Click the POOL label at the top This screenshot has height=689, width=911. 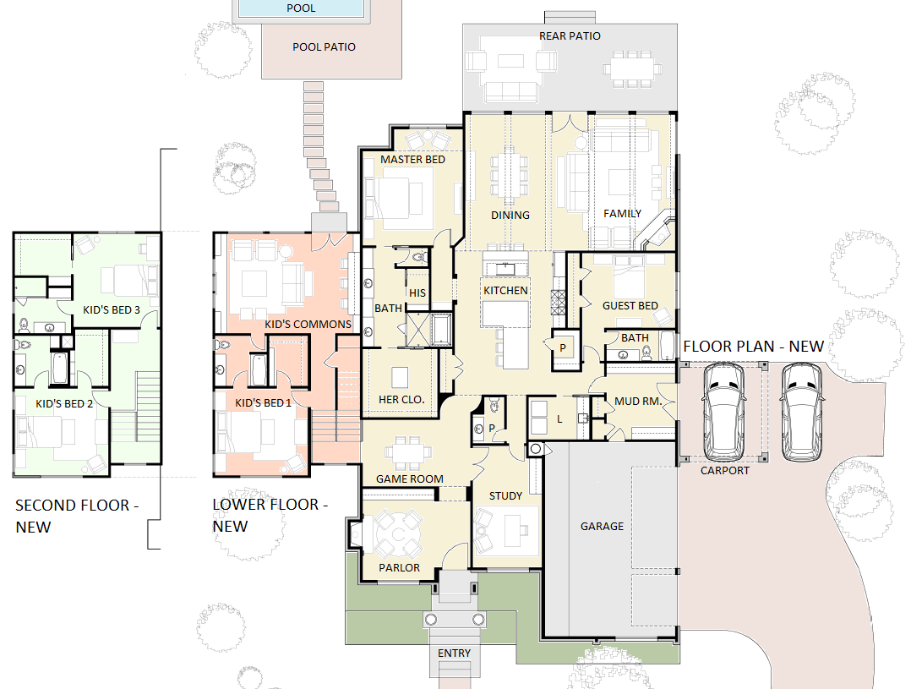[301, 8]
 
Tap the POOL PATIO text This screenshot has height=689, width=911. [324, 47]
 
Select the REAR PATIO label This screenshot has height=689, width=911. [570, 36]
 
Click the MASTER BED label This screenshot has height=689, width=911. [412, 159]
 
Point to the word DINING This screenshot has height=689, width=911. [510, 215]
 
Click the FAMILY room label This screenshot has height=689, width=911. [622, 213]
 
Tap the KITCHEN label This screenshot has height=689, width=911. [505, 290]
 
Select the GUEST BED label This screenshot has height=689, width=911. [630, 305]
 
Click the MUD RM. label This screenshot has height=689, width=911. [638, 402]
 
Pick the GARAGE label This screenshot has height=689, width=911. [602, 526]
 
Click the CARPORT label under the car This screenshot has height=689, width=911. [724, 470]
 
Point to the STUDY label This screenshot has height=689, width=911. [505, 496]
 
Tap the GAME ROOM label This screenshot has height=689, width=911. [410, 479]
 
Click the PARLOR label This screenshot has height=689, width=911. [399, 567]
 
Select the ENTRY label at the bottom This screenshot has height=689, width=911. [455, 653]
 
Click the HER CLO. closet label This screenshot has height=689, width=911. [401, 399]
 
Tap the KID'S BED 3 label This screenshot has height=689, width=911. [112, 310]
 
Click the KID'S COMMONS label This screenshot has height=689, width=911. [308, 325]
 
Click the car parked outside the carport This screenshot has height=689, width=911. [802, 413]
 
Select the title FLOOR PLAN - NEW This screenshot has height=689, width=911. [753, 347]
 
